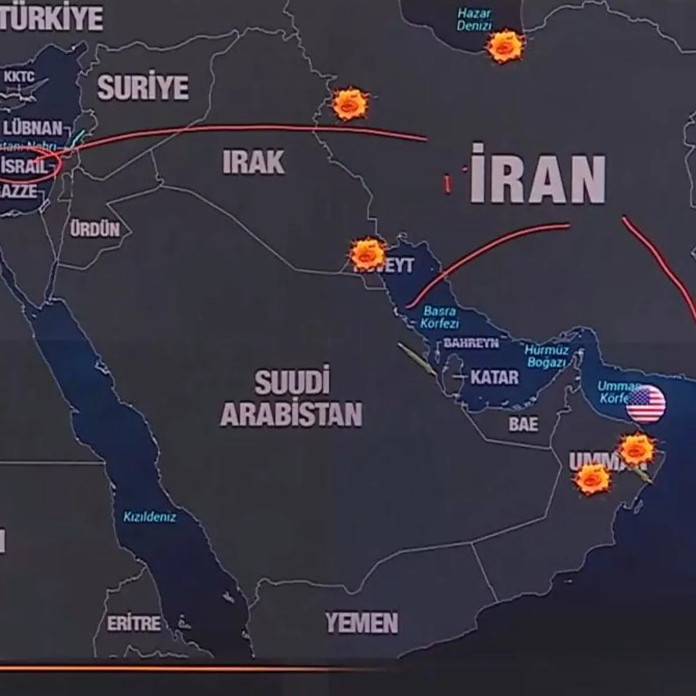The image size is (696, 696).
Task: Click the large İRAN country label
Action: [x=537, y=174]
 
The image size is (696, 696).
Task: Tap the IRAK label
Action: [x=253, y=162]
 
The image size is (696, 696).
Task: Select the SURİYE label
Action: [x=143, y=87]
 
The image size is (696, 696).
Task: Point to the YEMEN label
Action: [x=361, y=623]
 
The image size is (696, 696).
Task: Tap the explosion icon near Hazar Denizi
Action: [x=505, y=46]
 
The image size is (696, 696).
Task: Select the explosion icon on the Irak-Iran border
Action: [x=350, y=104]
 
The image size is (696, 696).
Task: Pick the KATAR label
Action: [x=494, y=378]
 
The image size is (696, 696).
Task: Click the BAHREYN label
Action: [x=471, y=343]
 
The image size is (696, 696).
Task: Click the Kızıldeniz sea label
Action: [x=150, y=516]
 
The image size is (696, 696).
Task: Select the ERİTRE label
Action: [x=133, y=623]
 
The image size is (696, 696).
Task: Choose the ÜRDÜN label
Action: [x=95, y=229]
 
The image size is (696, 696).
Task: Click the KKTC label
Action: [x=19, y=76]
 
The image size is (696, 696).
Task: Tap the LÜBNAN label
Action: [x=32, y=128]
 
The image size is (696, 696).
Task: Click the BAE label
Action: [x=523, y=424]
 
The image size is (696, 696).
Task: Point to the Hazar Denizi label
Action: [x=474, y=20]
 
